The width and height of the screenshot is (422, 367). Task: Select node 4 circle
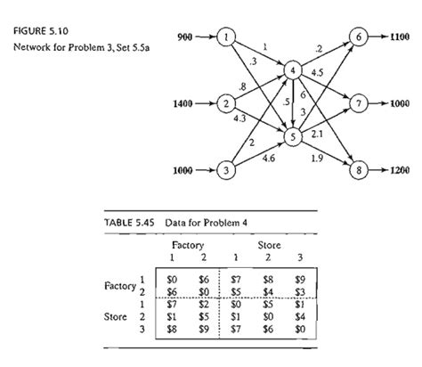(x=290, y=69)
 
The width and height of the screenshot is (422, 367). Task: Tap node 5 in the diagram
(x=290, y=136)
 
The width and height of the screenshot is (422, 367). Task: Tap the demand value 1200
(x=398, y=168)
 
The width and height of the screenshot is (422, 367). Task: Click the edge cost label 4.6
(x=267, y=159)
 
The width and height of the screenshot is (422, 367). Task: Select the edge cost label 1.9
(x=317, y=158)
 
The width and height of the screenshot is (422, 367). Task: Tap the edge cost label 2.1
(x=317, y=132)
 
